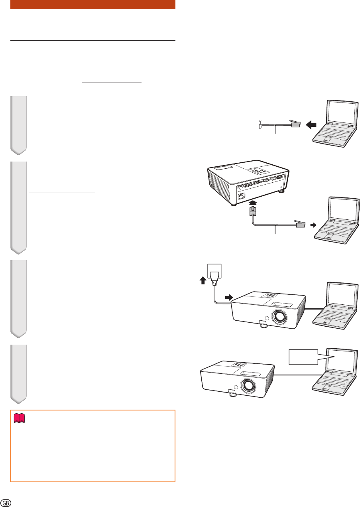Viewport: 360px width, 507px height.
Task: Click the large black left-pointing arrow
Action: pos(311,124)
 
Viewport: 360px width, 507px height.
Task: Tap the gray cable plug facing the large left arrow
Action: pos(295,123)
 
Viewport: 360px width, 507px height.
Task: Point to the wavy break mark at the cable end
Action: pos(260,125)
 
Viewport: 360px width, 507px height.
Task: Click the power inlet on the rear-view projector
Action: pos(242,195)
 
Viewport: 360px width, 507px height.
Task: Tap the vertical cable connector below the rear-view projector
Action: pos(253,211)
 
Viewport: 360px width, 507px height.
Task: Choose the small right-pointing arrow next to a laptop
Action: pos(313,225)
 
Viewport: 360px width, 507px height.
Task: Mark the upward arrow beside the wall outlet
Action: pos(203,280)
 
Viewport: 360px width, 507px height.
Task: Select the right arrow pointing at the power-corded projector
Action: pos(229,297)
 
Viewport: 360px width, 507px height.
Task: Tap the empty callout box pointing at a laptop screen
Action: pos(303,357)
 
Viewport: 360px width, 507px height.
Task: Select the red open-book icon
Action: pos(20,418)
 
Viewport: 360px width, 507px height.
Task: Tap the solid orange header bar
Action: pos(93,4)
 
